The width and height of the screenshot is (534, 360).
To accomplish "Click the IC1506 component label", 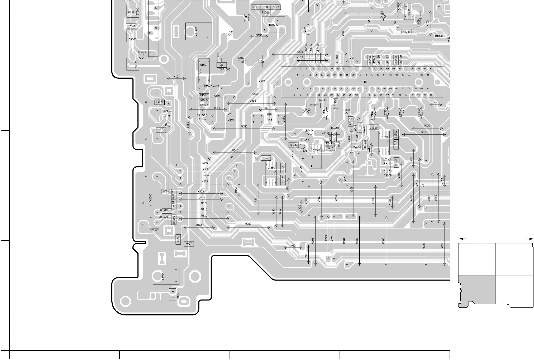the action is point(273,25).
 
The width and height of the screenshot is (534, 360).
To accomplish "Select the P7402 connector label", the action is point(364,82).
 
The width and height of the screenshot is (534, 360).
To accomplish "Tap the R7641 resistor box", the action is point(131,26).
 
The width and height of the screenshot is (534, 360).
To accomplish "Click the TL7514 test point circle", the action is point(142,56).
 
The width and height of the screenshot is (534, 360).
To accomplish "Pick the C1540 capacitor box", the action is point(265,158).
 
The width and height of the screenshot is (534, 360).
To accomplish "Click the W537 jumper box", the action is point(189,244).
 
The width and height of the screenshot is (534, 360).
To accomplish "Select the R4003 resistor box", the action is point(407,32).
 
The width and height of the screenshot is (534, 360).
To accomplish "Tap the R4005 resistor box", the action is point(439,36).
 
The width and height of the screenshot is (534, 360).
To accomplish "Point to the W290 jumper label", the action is point(248,224).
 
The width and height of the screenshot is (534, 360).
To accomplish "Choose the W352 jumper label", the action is point(244,127).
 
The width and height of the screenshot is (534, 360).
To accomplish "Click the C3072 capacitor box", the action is point(154,230).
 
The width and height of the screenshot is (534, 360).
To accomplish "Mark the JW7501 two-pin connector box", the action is point(172,294).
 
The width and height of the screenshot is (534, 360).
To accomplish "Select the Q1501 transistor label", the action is point(204,65).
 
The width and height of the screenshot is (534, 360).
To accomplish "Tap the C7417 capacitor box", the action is point(305,140).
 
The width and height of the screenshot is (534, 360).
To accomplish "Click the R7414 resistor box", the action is point(294,145).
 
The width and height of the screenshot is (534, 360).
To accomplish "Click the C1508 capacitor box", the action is point(388,175).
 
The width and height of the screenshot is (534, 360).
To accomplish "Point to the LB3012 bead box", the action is point(160,129).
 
